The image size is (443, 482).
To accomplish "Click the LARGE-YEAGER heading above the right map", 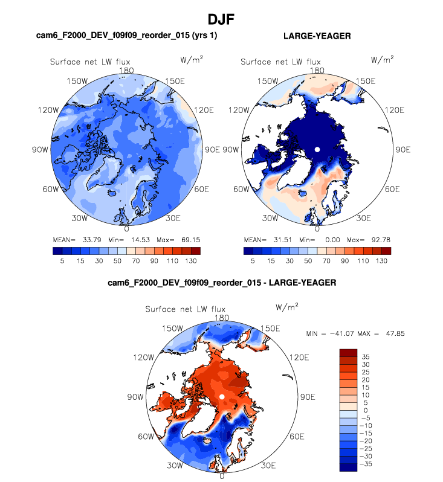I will (x=317, y=36).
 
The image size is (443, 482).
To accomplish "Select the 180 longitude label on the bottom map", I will (x=222, y=318).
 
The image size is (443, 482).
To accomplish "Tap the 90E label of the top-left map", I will (x=212, y=149).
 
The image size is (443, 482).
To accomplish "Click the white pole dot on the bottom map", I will (x=222, y=396).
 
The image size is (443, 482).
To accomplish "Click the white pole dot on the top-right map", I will (x=317, y=149).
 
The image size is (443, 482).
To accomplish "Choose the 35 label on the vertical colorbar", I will (x=366, y=356).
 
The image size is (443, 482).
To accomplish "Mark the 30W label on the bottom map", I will (x=176, y=465).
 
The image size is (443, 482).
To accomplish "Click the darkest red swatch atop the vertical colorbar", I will (x=350, y=352).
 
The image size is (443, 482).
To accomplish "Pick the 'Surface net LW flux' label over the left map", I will (x=90, y=62).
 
